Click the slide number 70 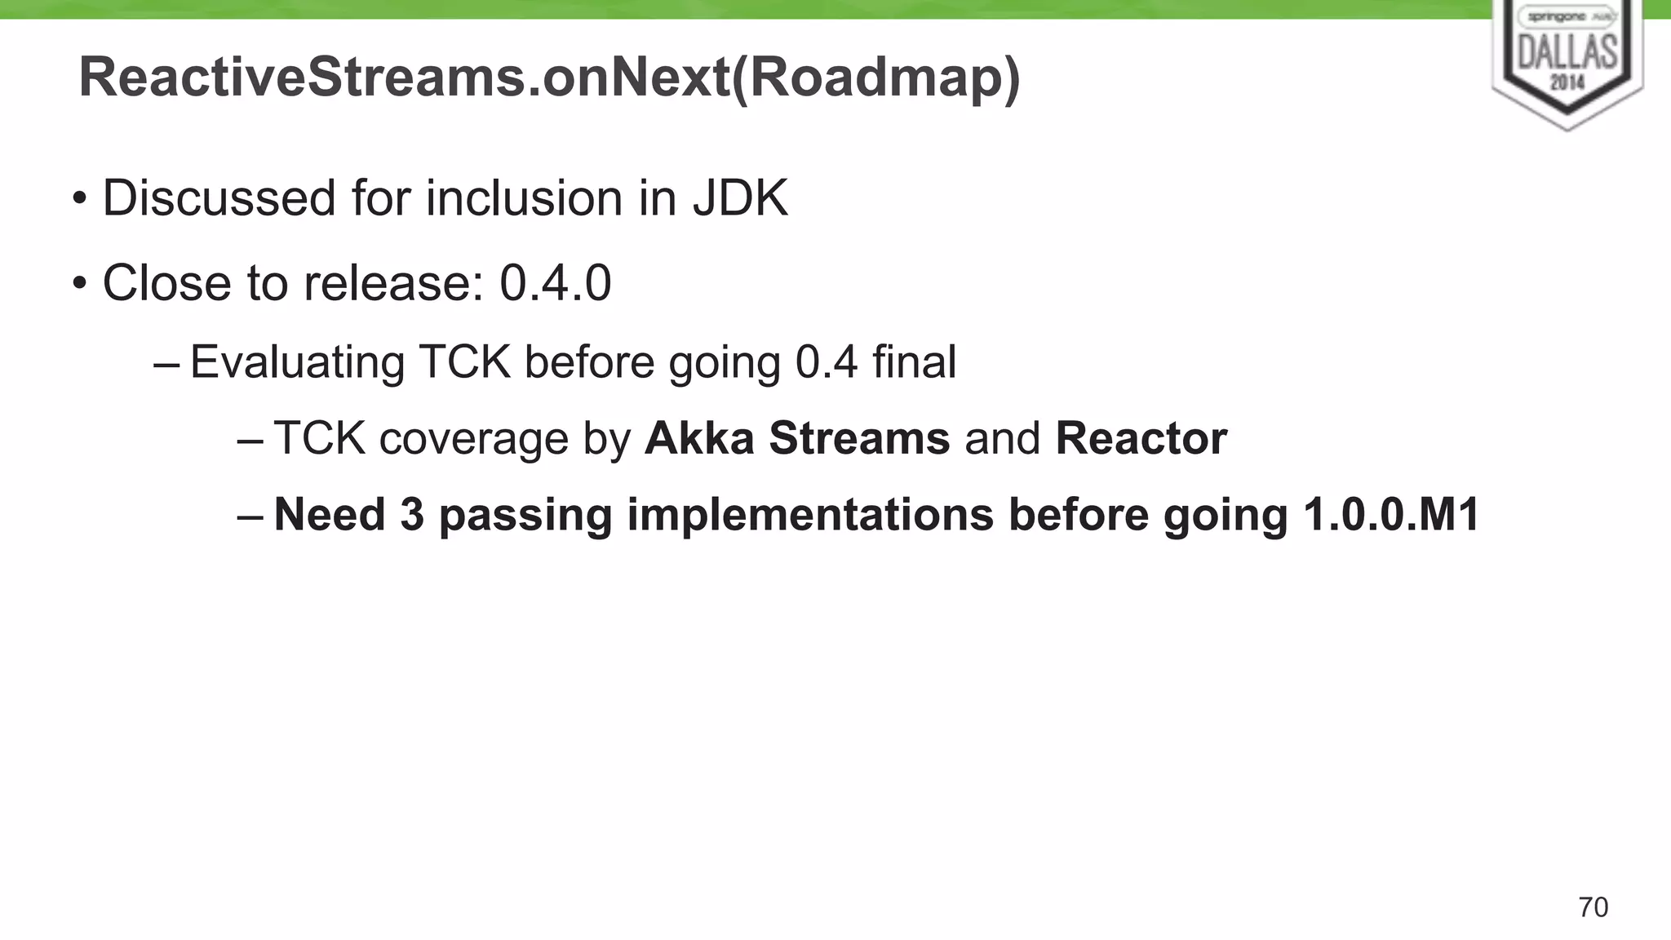[x=1593, y=907]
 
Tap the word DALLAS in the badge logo [x=1567, y=53]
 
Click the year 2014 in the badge [x=1567, y=82]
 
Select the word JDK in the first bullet [x=740, y=198]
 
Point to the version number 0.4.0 [x=555, y=283]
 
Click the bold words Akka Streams [x=797, y=438]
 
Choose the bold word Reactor [x=1141, y=438]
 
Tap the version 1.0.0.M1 [x=1391, y=515]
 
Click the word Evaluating [x=297, y=362]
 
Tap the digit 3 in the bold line [x=412, y=515]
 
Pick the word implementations [x=810, y=515]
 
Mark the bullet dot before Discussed [x=79, y=198]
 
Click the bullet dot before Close [x=79, y=283]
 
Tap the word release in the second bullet [x=388, y=283]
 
